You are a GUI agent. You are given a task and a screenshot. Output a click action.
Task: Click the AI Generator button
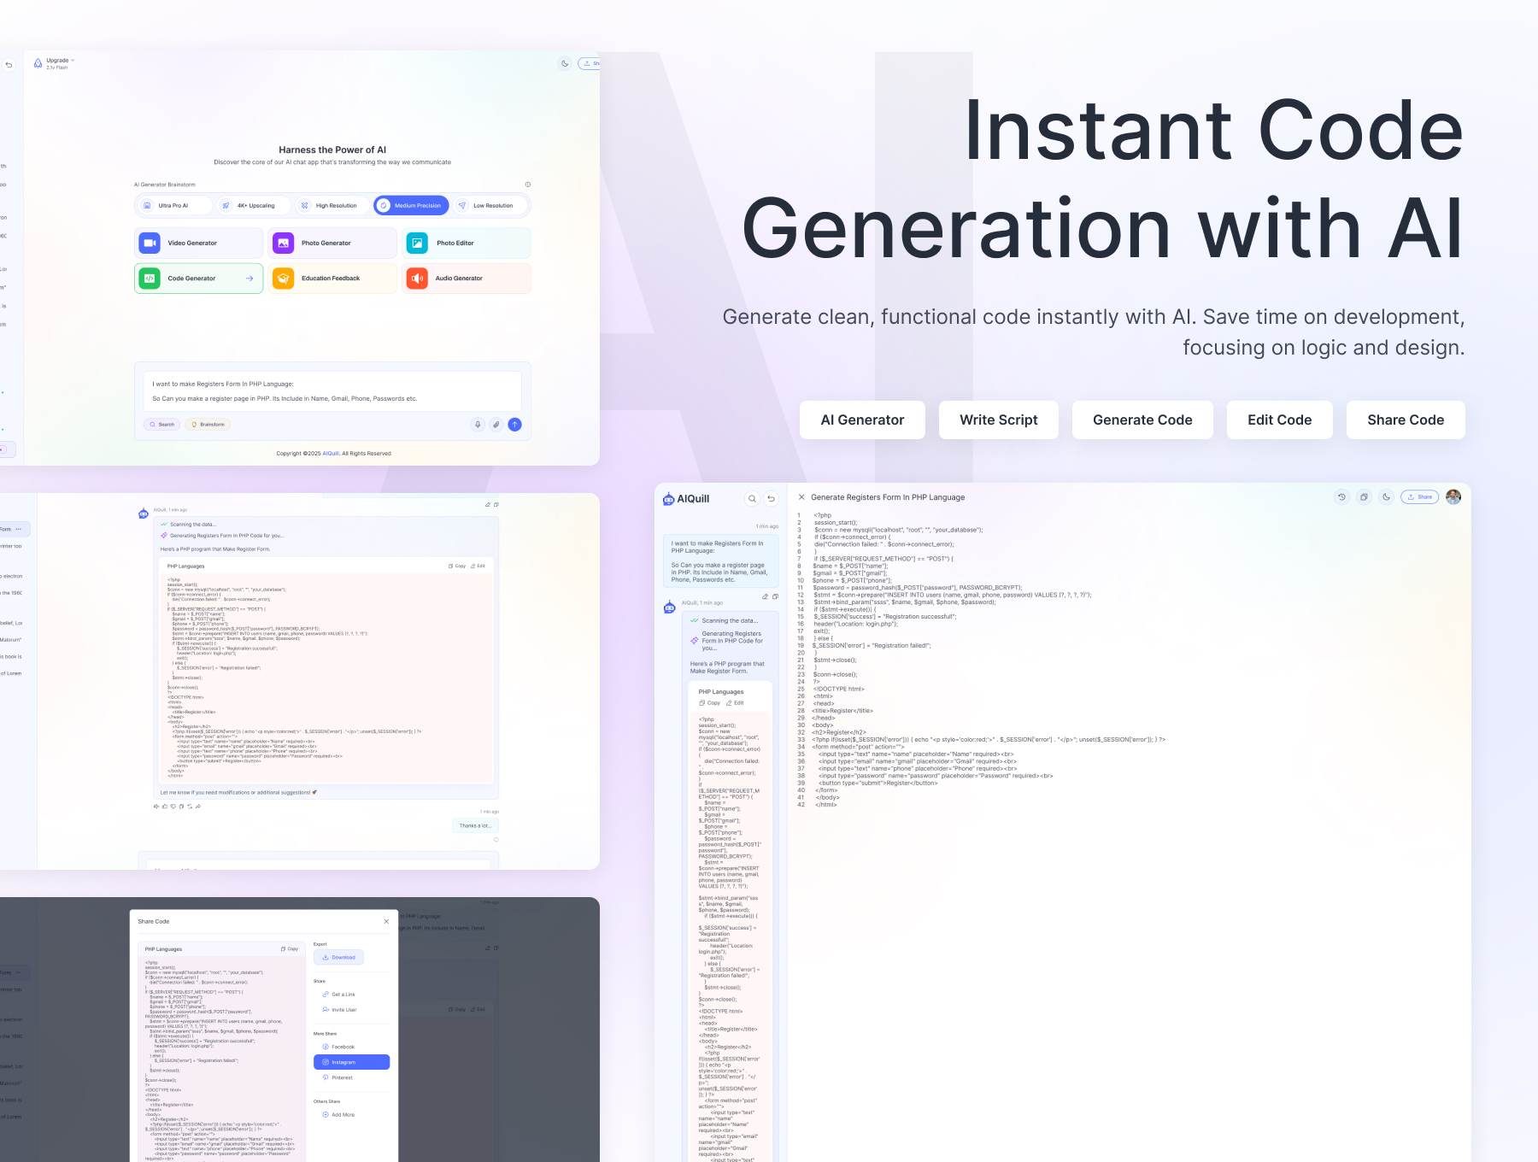(862, 420)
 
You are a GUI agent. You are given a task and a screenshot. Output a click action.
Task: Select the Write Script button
(998, 420)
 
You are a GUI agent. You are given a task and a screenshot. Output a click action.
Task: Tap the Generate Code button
(1142, 420)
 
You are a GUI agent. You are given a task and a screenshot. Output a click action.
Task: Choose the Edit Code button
(1279, 420)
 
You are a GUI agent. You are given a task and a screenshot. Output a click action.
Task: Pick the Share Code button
(1406, 420)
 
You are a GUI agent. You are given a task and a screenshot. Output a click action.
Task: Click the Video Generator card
(198, 244)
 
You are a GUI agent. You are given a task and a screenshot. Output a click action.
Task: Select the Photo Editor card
(466, 244)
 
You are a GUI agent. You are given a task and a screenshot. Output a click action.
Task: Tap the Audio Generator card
(466, 279)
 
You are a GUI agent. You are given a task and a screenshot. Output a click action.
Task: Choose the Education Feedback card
(332, 279)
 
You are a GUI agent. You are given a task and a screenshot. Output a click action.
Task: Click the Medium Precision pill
(411, 206)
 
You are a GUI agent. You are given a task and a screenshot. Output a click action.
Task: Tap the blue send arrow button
(514, 425)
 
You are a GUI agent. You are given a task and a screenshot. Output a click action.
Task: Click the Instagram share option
(351, 1062)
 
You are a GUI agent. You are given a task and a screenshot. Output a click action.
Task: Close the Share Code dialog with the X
(386, 921)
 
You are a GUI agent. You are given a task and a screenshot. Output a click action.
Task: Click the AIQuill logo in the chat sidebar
(686, 499)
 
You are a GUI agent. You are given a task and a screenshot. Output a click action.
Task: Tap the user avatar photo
(1453, 496)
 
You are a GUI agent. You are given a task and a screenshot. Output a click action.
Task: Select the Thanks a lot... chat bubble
(474, 825)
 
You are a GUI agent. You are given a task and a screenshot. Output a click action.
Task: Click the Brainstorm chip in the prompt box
(208, 425)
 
